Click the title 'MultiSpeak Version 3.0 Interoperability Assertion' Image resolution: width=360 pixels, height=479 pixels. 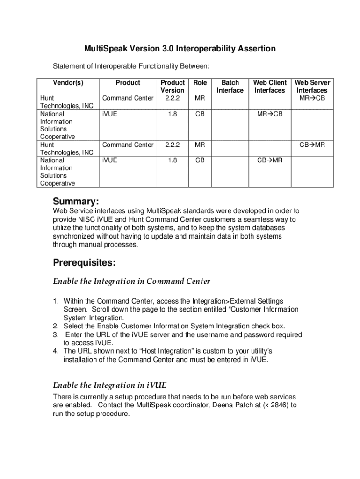tap(180, 49)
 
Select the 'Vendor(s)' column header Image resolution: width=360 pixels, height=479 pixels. tap(68, 82)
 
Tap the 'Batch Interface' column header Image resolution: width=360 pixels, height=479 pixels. tap(230, 86)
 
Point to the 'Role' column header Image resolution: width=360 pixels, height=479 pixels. tap(200, 82)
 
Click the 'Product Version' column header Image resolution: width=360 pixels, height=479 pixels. tap(173, 86)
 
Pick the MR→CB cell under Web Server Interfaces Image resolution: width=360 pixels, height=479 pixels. tap(312, 98)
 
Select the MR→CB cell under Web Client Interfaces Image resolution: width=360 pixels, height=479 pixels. tap(270, 114)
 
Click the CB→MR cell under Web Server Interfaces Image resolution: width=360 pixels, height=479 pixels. tap(312, 145)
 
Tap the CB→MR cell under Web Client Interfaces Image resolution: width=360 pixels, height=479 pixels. tap(270, 160)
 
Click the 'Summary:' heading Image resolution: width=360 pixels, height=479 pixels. tap(76, 202)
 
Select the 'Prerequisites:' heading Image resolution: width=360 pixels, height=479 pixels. tap(84, 263)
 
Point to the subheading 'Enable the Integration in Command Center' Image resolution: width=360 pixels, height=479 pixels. tap(131, 282)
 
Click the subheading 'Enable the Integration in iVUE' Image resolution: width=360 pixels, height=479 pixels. tap(109, 385)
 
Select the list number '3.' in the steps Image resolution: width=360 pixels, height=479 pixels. tap(56, 335)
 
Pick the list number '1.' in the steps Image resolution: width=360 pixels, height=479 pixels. tap(56, 301)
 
